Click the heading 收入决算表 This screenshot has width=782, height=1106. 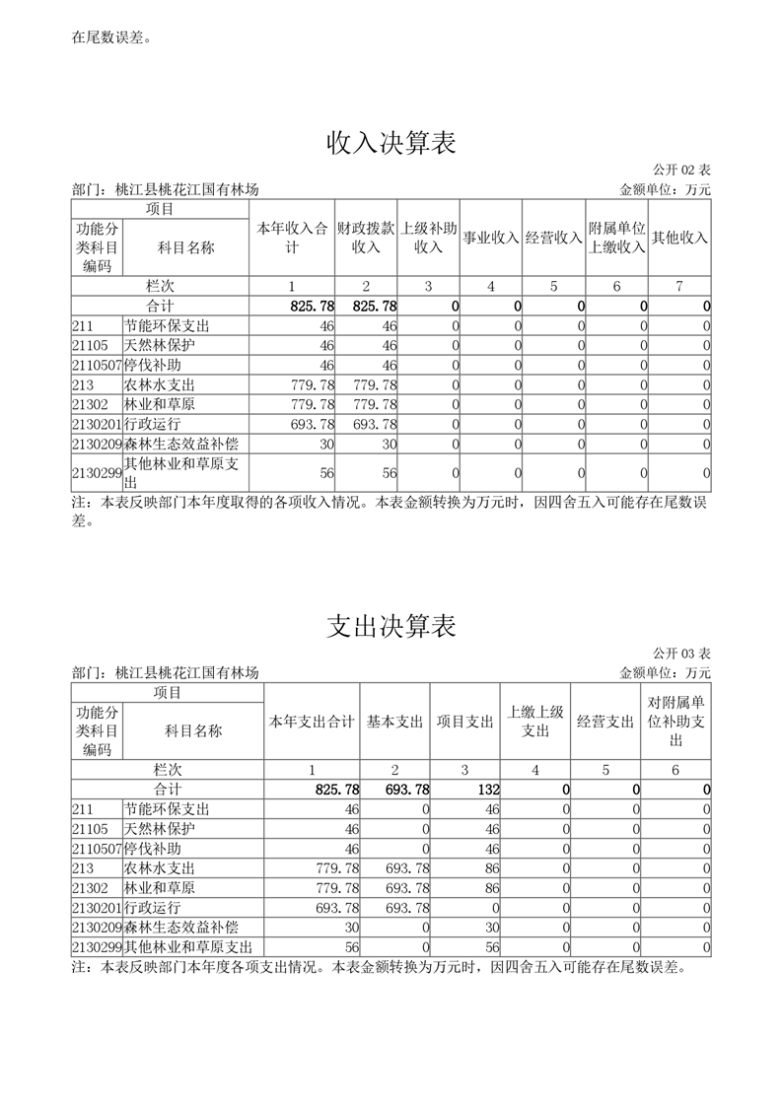[x=391, y=144]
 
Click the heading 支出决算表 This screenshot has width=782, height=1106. [x=391, y=627]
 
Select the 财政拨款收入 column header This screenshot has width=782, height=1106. [x=366, y=238]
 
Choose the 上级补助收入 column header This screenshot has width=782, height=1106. [x=429, y=238]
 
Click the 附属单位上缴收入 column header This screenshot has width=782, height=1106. [x=616, y=238]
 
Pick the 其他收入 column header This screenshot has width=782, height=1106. [x=680, y=238]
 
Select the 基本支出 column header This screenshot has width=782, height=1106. [x=395, y=722]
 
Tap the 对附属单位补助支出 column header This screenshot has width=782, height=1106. [x=675, y=722]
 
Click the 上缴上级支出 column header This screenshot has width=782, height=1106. [x=535, y=722]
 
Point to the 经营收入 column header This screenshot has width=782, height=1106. [x=553, y=238]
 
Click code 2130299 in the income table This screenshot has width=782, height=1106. [x=96, y=473]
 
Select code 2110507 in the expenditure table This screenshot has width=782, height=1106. [x=96, y=849]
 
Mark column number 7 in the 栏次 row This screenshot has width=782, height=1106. [x=679, y=286]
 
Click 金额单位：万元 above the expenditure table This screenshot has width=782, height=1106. [x=665, y=672]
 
